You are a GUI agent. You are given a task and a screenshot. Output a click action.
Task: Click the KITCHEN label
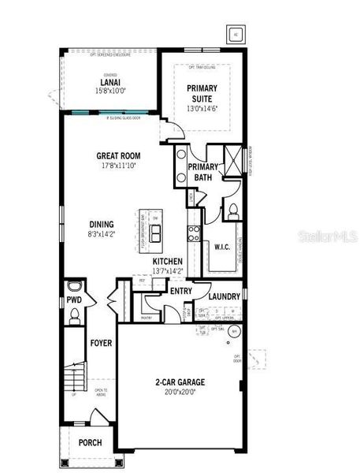[x=168, y=261]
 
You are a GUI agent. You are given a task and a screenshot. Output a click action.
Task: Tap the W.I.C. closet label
[x=221, y=246]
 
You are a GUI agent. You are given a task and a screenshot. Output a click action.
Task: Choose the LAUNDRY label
[x=225, y=296]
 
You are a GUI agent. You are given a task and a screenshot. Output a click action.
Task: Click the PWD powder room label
[x=74, y=301]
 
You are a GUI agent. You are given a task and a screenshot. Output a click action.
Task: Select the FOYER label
[x=101, y=344]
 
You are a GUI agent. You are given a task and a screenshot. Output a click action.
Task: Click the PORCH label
[x=90, y=442]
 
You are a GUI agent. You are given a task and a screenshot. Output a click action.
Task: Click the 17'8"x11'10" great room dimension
[x=118, y=166]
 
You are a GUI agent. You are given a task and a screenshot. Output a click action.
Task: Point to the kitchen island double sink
[x=155, y=233]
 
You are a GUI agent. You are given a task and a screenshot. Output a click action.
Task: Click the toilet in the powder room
[x=74, y=316]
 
